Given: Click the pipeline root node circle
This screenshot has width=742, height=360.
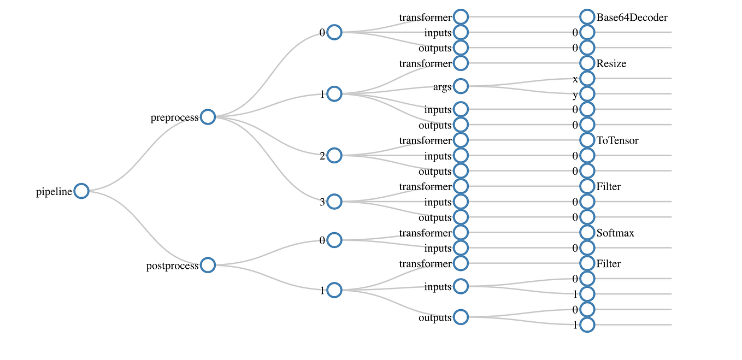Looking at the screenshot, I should [x=81, y=191].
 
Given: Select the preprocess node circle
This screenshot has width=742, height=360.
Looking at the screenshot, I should [x=208, y=116].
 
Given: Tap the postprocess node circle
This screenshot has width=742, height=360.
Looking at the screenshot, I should [x=208, y=265].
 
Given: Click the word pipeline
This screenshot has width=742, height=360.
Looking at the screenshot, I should [x=54, y=192].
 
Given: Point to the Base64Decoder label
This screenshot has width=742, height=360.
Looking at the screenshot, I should [x=632, y=17].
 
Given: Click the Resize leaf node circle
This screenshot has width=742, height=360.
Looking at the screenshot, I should [x=587, y=63].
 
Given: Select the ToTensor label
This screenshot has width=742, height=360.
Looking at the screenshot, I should [x=617, y=141].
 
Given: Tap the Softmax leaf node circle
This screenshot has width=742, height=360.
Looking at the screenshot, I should [x=587, y=233].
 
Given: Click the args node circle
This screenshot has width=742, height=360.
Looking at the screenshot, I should [x=461, y=86].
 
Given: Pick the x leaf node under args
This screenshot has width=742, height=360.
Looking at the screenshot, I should [x=587, y=78].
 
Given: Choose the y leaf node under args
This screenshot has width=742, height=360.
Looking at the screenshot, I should [x=587, y=93].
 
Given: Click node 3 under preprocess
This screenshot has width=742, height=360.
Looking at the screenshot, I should [x=334, y=202].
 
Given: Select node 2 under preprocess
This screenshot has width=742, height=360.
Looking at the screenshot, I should [x=334, y=156].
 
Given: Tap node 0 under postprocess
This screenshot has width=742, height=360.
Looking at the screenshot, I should [x=334, y=240].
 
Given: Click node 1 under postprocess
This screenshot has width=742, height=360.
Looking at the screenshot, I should [x=334, y=290].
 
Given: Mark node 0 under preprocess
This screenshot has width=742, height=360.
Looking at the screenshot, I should [x=334, y=32].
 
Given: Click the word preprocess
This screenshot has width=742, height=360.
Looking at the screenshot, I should [x=175, y=117].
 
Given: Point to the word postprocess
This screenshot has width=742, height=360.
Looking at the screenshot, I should [x=173, y=267].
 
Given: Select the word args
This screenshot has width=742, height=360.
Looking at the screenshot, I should [x=442, y=87].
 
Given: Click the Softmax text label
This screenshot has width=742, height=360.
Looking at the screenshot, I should [x=615, y=233].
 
